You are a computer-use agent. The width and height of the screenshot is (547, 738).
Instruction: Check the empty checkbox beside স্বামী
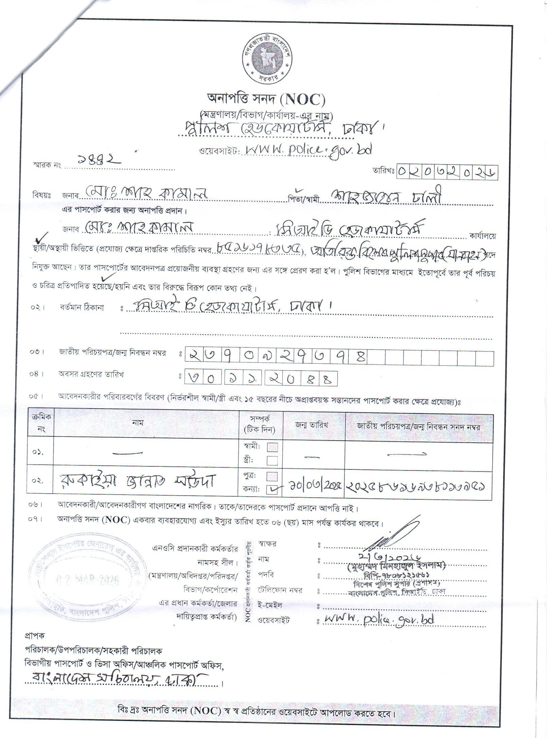click(x=272, y=447)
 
